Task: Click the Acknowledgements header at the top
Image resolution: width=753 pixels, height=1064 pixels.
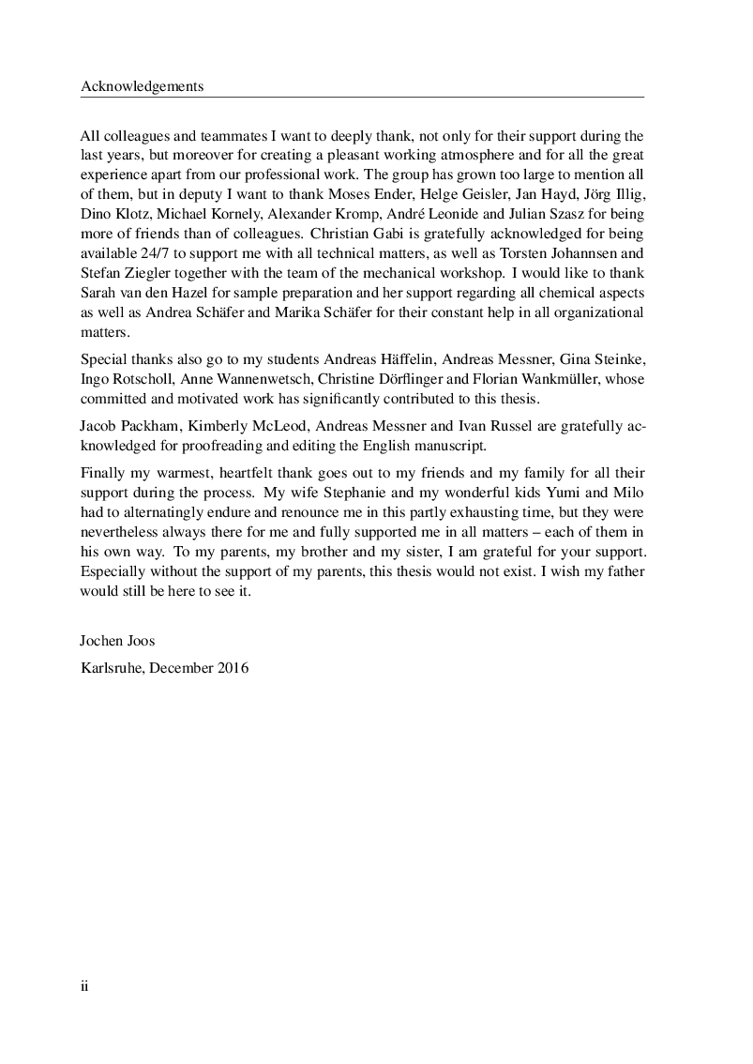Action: [143, 86]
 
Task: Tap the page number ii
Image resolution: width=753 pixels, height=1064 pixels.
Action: [84, 986]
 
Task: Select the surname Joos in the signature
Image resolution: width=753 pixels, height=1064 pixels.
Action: [139, 643]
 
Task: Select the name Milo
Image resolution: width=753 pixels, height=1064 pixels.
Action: [628, 494]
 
